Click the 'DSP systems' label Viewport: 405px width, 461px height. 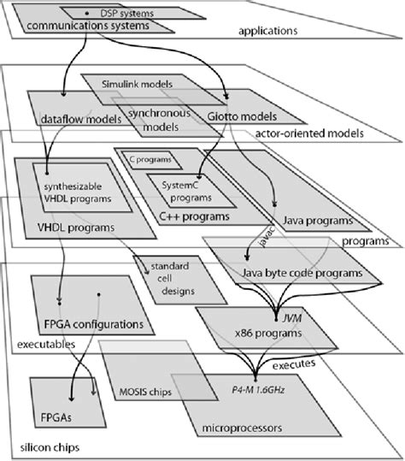point(124,14)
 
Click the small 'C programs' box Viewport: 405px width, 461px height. point(148,158)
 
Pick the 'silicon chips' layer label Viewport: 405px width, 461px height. point(50,448)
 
